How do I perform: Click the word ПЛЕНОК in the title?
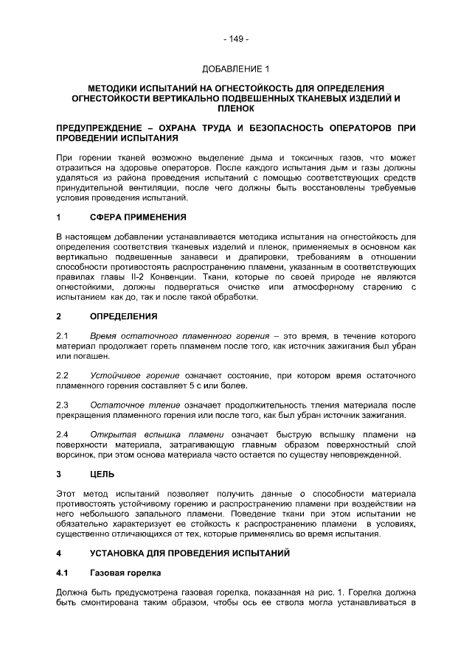click(236, 108)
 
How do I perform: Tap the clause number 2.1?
click(63, 337)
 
